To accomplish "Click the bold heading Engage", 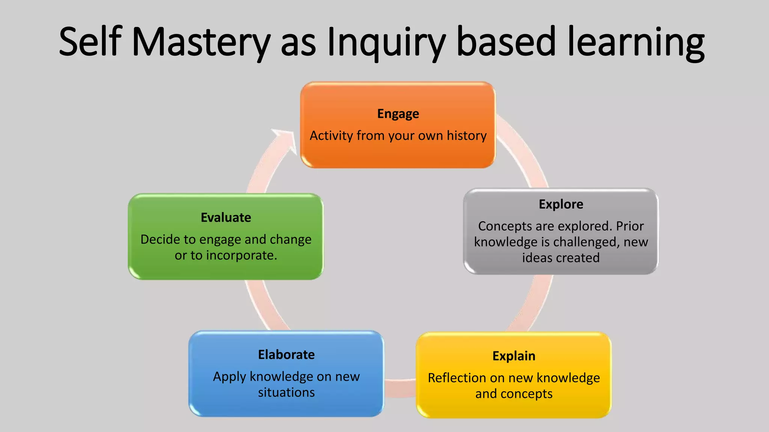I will point(398,114).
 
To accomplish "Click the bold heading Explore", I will point(561,204).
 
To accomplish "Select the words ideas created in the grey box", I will point(561,258).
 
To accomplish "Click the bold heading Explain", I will point(514,356).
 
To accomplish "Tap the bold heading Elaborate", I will point(286,354).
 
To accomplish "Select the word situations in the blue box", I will point(286,393).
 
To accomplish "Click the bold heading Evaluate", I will point(226,217).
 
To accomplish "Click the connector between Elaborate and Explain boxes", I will point(400,388).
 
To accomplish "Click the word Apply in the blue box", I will point(229,377).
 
